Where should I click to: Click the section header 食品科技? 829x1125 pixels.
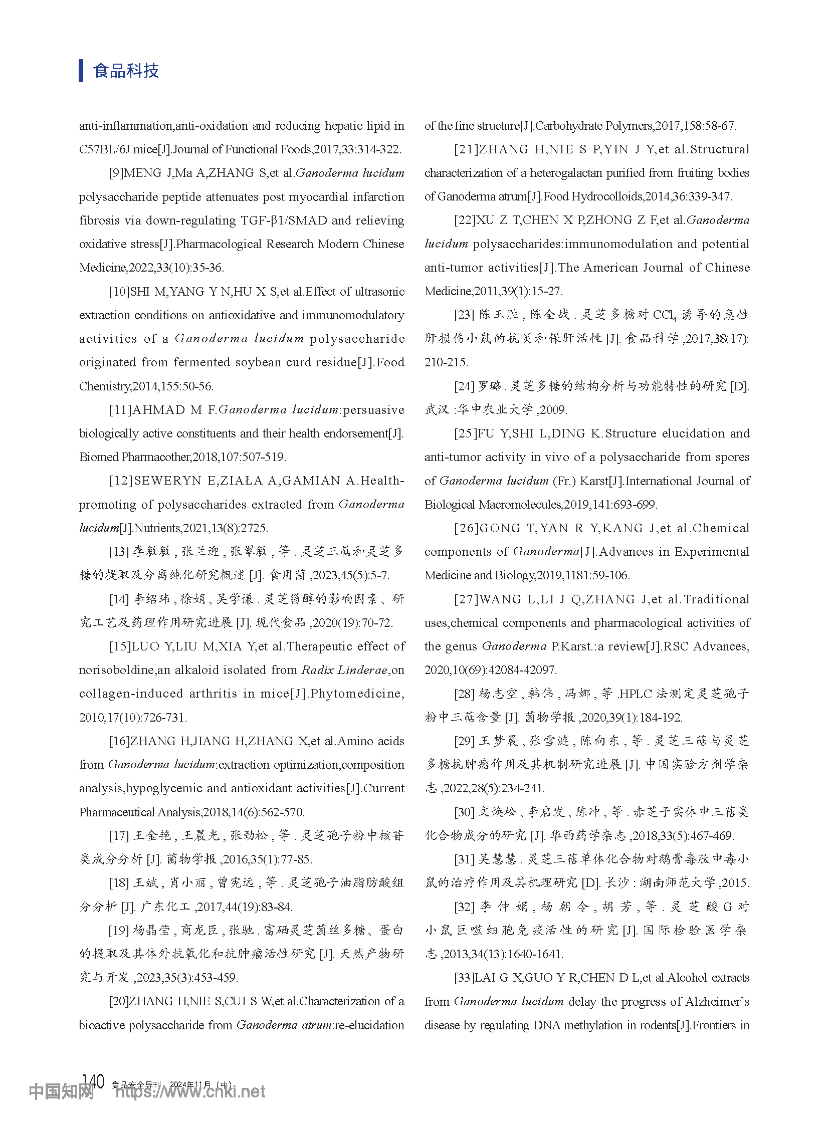[x=126, y=71]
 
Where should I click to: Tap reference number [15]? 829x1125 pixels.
[x=120, y=646]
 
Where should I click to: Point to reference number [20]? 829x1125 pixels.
[x=118, y=1001]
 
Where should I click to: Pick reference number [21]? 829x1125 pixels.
[x=466, y=149]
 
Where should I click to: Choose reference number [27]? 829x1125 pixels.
[x=466, y=599]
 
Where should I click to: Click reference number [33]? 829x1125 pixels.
[x=464, y=978]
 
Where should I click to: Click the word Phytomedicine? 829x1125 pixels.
[x=356, y=694]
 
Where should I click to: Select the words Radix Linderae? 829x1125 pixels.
[x=344, y=670]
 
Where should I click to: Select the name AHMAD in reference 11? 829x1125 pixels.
[x=158, y=410]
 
